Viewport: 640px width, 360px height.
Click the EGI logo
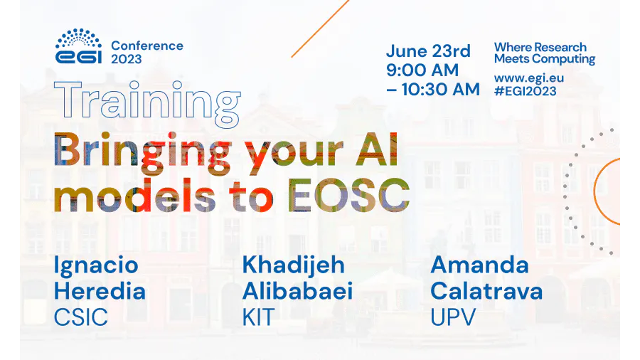[78, 46]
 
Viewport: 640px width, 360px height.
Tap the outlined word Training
[147, 104]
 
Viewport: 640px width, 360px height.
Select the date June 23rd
[428, 51]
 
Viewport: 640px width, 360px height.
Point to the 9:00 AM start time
[422, 70]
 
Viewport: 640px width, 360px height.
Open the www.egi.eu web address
[528, 78]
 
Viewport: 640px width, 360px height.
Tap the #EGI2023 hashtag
[525, 91]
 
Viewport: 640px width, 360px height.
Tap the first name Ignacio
[96, 266]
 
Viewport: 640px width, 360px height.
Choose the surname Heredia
[100, 292]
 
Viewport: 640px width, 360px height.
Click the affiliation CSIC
[81, 317]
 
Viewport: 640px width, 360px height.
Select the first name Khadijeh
[294, 266]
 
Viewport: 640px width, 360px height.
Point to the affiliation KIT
[258, 317]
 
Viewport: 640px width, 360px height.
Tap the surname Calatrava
[486, 292]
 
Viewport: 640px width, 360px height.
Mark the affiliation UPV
[453, 317]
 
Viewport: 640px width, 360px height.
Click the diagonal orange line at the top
[321, 28]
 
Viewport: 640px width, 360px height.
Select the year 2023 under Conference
[127, 59]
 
